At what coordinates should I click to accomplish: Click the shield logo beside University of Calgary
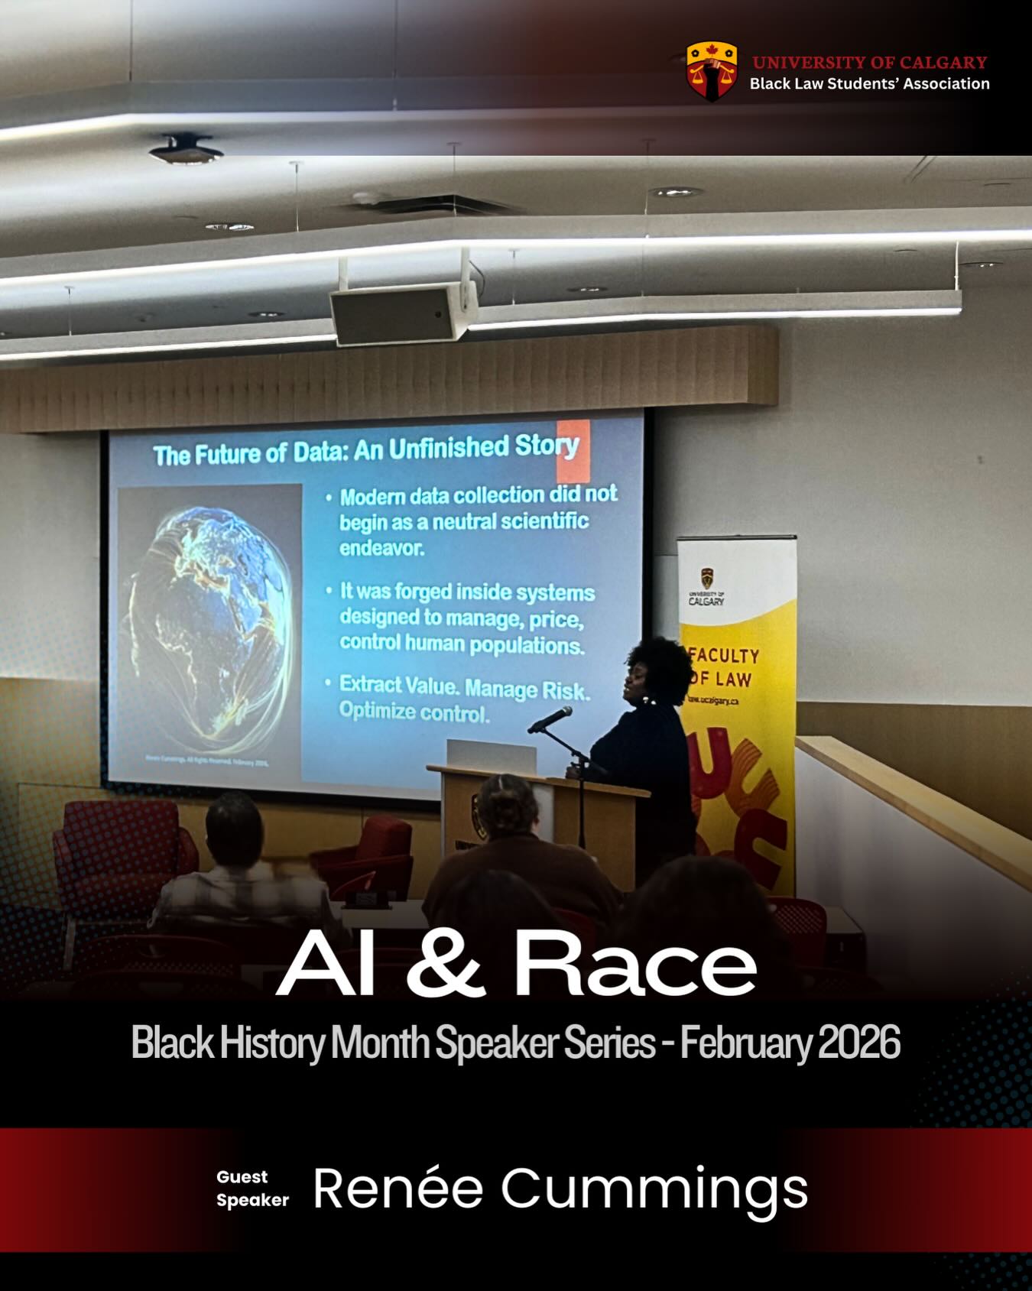[x=711, y=71]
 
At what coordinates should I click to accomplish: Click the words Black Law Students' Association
[x=869, y=84]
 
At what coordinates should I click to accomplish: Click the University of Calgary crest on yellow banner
[x=707, y=579]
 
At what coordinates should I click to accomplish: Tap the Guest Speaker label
[x=252, y=1189]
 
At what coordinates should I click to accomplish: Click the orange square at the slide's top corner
[x=573, y=449]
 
